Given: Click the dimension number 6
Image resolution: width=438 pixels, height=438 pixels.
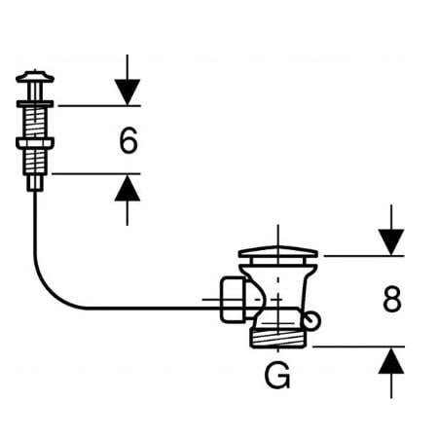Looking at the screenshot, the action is point(128,140).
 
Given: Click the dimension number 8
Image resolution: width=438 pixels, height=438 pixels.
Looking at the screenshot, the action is point(392,299).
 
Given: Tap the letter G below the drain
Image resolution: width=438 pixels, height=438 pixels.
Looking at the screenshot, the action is point(277,376).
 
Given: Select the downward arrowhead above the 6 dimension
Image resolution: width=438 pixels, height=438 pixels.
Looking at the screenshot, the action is point(128,92).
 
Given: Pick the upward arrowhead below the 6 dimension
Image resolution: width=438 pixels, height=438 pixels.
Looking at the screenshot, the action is point(128,188).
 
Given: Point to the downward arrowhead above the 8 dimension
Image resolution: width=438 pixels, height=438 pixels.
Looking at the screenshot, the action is point(391,242).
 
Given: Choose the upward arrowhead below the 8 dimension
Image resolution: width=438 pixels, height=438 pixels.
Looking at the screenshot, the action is point(391,360).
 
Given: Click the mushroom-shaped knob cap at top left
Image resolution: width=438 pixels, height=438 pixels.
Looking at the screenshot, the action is point(35,77).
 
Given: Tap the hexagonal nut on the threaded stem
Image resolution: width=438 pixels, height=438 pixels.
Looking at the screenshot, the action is point(35,143).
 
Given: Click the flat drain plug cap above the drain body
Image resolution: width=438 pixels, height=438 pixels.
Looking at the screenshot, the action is point(278,252).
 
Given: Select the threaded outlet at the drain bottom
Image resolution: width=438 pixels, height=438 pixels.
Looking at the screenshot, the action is point(278,339).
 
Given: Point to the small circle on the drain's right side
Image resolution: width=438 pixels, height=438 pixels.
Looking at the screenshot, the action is point(312,320).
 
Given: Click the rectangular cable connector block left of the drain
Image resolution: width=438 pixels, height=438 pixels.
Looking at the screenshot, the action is point(233,300).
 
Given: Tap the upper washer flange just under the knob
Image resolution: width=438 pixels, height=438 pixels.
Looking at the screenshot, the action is point(35,104).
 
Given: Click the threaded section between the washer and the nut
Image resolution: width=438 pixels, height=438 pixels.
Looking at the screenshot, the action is point(35,123).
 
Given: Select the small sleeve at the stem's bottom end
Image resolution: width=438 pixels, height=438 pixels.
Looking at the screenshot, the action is point(35,183).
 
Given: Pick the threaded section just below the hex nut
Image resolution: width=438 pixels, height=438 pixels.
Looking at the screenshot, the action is point(35,162).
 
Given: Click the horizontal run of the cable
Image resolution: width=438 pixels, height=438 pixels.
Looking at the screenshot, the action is point(153,308).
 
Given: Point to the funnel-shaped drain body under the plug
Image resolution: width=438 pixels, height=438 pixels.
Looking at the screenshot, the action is point(278,285).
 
